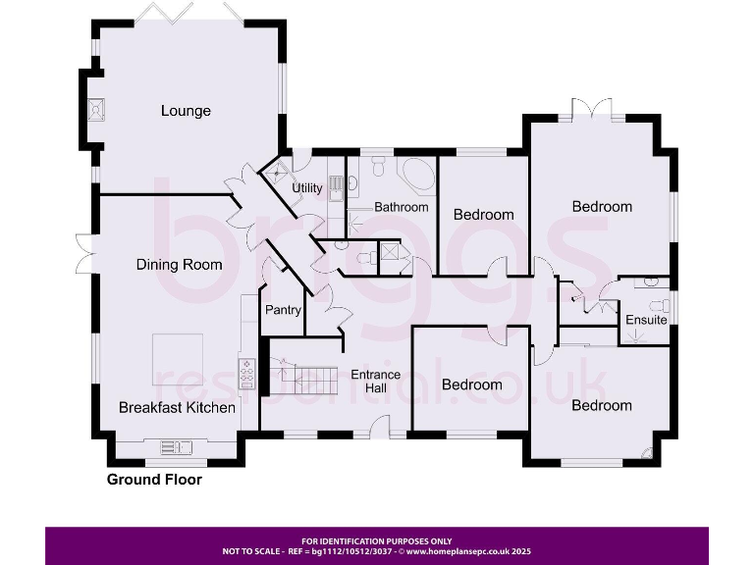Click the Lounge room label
click(186, 111)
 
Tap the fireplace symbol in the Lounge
click(96, 110)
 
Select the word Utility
click(307, 188)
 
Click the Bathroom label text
click(401, 208)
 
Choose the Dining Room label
click(179, 265)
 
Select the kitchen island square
click(177, 359)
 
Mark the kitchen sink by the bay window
click(177, 447)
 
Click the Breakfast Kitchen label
click(177, 407)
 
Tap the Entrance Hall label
click(375, 382)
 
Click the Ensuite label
click(646, 321)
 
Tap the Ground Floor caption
click(154, 480)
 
